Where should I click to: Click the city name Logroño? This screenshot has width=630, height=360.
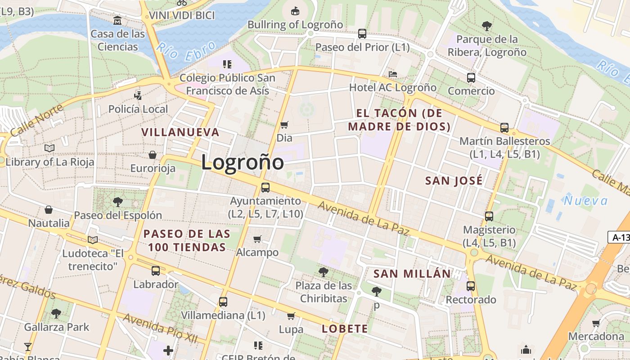tap(242, 162)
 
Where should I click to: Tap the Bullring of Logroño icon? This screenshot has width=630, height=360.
tap(295, 10)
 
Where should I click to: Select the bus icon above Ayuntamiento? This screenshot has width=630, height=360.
tap(265, 188)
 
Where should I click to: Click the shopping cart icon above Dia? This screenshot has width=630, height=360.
tap(284, 125)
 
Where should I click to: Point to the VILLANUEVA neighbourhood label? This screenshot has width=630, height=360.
tap(180, 132)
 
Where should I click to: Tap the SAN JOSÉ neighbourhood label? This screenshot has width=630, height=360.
tap(454, 181)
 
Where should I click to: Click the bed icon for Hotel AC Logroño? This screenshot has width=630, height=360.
tap(393, 74)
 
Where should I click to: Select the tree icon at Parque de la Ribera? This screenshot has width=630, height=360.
tap(486, 26)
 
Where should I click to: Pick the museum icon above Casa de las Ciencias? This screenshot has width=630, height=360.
tap(117, 20)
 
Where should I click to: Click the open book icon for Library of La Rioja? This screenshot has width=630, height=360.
tap(49, 148)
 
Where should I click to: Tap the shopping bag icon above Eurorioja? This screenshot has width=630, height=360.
tap(153, 155)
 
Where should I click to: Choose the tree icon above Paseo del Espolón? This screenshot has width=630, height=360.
tap(117, 202)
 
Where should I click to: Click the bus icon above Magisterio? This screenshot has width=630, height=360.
tap(489, 216)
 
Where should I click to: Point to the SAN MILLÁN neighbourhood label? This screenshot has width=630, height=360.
tap(412, 274)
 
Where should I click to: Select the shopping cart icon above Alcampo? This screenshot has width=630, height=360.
tap(257, 239)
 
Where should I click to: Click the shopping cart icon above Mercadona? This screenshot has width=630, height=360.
tap(596, 323)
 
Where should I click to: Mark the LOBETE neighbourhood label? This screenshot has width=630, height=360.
tap(345, 329)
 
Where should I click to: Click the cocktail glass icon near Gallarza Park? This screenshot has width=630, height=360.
tap(28, 346)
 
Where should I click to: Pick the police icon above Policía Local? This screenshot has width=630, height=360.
tap(138, 95)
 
